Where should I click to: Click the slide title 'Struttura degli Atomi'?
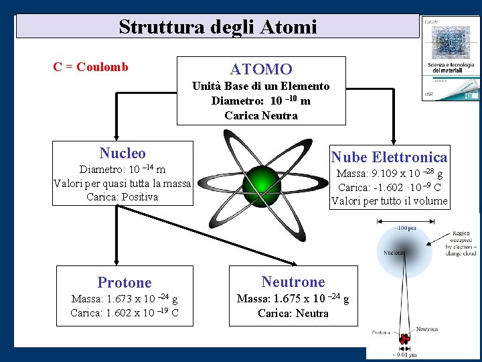pyautogui.click(x=218, y=27)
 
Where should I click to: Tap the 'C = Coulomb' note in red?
pyautogui.click(x=90, y=67)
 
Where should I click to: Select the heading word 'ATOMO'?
pyautogui.click(x=261, y=69)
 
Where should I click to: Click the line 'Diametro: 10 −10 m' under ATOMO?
pyautogui.click(x=260, y=101)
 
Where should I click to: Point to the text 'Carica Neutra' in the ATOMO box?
pyautogui.click(x=261, y=115)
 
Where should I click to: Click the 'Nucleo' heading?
pyautogui.click(x=122, y=154)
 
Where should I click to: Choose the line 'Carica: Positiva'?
pyautogui.click(x=122, y=197)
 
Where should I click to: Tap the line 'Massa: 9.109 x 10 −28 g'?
pyautogui.click(x=389, y=174)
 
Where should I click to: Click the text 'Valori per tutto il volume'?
pyautogui.click(x=390, y=201)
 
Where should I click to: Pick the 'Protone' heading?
pyautogui.click(x=125, y=282)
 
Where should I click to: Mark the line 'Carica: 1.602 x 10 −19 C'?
pyautogui.click(x=125, y=312)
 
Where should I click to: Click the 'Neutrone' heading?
pyautogui.click(x=293, y=282)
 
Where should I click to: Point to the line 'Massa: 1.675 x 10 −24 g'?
pyautogui.click(x=293, y=299)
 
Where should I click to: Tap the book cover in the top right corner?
pyautogui.click(x=449, y=59)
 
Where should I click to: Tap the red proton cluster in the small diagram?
pyautogui.click(x=404, y=340)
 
